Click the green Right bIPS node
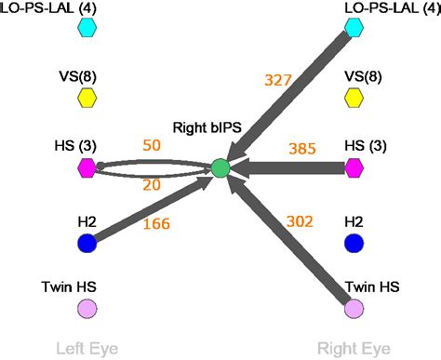pyautogui.click(x=220, y=168)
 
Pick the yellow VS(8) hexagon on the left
pyautogui.click(x=87, y=98)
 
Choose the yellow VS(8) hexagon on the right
pyautogui.click(x=354, y=98)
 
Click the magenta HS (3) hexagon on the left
pyautogui.click(x=87, y=168)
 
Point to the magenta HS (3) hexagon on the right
pyautogui.click(x=354, y=168)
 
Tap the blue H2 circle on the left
pyautogui.click(x=87, y=244)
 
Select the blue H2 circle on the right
pyautogui.click(x=354, y=244)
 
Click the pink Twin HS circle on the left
pyautogui.click(x=87, y=308)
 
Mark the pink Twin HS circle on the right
pyautogui.click(x=354, y=308)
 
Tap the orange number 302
pyautogui.click(x=300, y=221)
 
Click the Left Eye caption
pyautogui.click(x=87, y=349)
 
